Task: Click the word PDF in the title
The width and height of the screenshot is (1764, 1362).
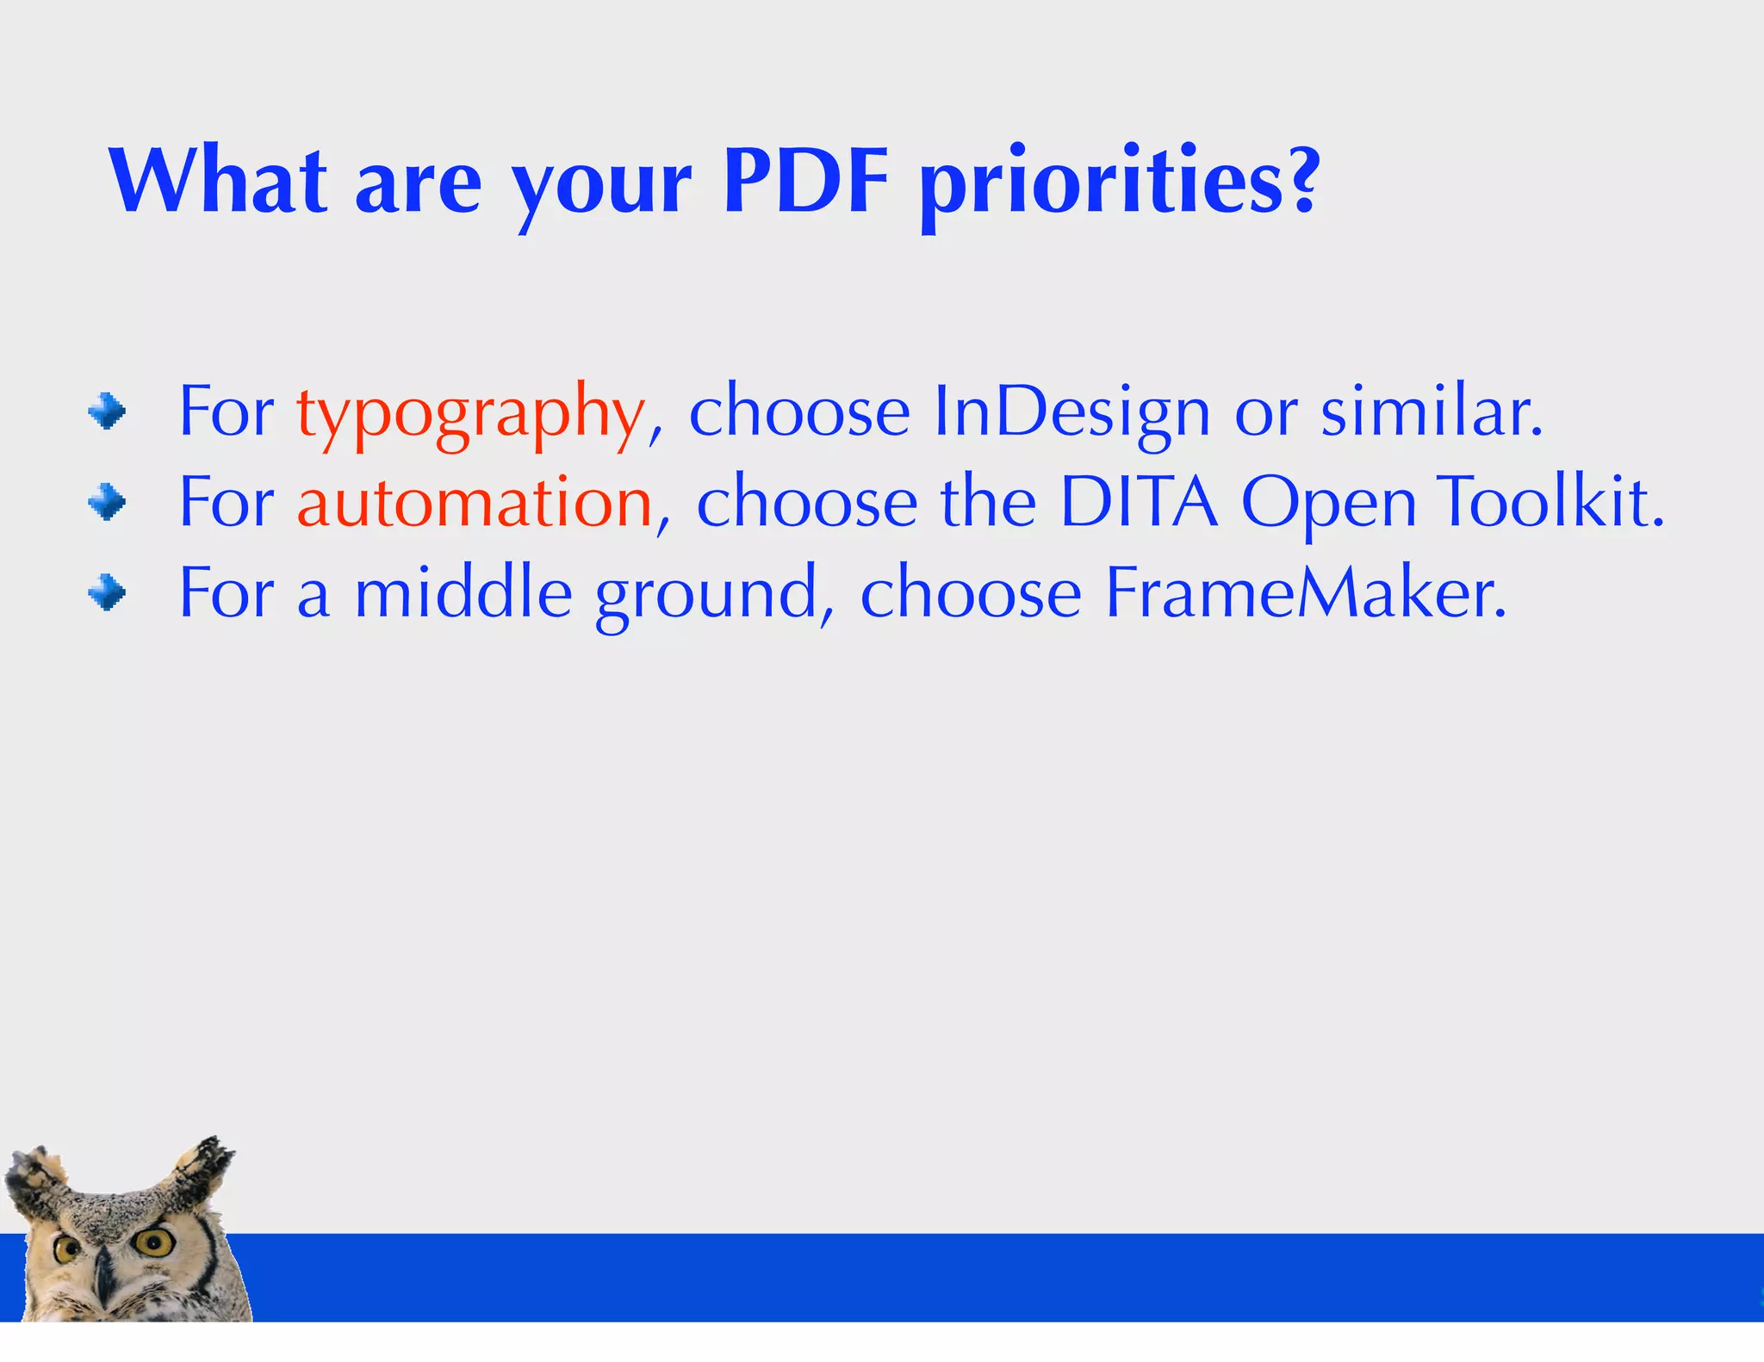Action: point(805,182)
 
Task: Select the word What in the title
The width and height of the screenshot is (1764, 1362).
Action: point(218,182)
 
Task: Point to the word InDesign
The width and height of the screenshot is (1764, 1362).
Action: point(1071,413)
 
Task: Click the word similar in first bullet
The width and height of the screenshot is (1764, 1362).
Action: point(1431,413)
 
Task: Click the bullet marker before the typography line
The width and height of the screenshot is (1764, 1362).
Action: point(107,412)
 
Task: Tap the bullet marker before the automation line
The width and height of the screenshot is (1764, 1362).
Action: point(107,502)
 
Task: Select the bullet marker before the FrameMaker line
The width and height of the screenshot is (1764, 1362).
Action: point(107,592)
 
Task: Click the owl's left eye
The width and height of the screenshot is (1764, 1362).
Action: point(67,1249)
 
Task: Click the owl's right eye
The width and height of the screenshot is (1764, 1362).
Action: point(154,1241)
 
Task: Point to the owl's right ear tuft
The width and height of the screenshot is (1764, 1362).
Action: point(207,1162)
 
